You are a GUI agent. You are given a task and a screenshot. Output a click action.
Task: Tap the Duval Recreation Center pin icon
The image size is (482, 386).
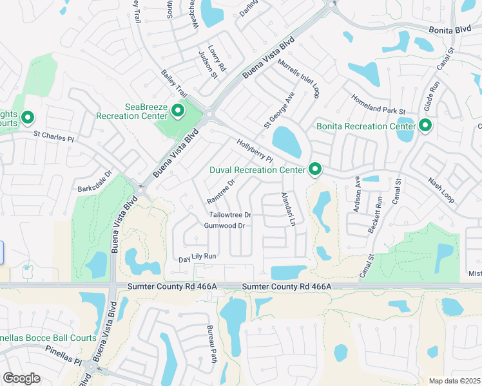[315, 169]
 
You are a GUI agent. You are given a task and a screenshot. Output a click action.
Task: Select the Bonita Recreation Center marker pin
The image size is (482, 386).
[425, 125]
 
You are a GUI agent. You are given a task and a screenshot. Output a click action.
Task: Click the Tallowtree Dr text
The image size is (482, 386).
[229, 214]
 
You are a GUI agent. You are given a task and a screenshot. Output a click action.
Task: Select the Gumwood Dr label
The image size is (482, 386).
[224, 226]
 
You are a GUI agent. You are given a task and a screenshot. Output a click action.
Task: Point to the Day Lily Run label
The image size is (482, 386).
[197, 257]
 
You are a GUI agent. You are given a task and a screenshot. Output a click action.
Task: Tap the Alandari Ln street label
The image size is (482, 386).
[287, 209]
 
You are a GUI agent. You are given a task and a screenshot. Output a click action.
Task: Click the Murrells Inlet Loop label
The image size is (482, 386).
[298, 78]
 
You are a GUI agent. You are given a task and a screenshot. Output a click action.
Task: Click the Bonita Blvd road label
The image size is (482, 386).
[450, 30]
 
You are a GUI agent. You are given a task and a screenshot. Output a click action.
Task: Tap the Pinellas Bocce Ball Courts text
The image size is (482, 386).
[48, 338]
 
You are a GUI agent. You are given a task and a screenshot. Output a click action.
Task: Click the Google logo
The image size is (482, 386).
[21, 378]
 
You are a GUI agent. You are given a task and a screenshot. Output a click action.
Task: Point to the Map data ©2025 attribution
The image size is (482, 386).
[454, 381]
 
